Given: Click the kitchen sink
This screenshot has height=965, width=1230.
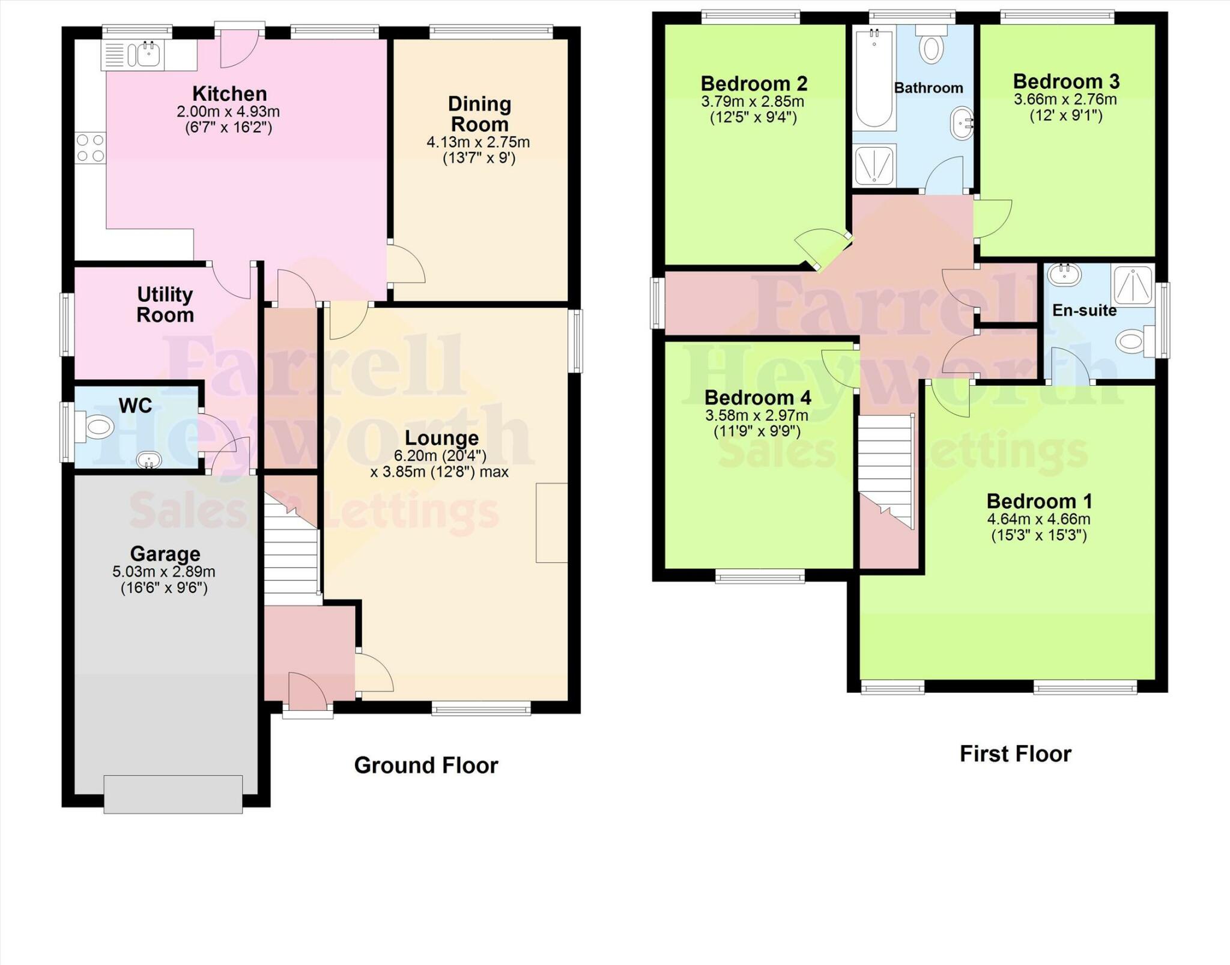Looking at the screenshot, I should coord(148,55).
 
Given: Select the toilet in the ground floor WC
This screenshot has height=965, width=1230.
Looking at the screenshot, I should coord(98,427).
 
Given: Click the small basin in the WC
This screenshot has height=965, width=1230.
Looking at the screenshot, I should coord(148,461).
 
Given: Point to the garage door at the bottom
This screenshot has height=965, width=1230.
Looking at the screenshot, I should coord(173,794).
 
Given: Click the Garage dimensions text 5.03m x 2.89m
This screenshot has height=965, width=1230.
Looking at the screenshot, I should coord(164,571).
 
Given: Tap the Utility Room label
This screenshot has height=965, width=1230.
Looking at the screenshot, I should coord(165,305).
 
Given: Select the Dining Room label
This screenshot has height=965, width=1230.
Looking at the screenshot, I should coord(479,114).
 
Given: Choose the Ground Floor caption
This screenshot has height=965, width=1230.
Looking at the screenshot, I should coord(426,765).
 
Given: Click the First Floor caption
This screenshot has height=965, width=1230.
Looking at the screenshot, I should coord(1015,753).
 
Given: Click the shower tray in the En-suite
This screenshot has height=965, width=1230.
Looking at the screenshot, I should coord(1133,284).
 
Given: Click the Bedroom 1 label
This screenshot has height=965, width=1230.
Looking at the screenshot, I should coord(1039,501).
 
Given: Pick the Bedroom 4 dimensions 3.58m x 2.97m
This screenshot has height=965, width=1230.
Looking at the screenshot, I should coord(757,415).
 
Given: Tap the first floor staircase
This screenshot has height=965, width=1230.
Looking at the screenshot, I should coord(885,469).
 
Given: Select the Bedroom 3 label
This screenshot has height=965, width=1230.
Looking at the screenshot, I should coord(1066,81).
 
